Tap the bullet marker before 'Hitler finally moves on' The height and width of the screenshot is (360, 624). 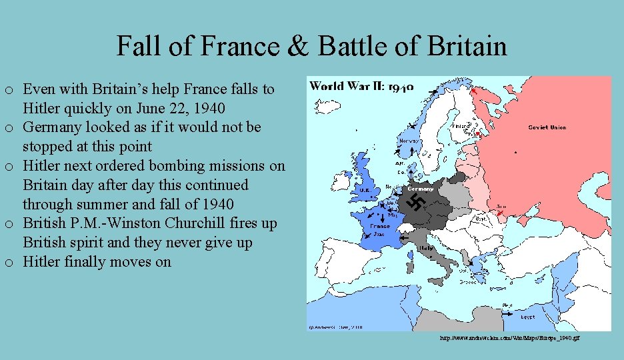pos(8,263)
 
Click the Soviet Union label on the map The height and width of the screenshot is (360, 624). pos(547,127)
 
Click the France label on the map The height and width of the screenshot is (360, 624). pos(380,226)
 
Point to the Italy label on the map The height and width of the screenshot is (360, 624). pos(425,248)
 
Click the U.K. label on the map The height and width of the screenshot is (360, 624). pos(365,190)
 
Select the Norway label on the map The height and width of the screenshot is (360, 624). pos(407,141)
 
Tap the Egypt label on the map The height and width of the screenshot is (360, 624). pos(527,317)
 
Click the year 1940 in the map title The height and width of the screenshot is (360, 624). pos(401,87)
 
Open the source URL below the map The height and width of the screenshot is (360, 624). pos(510,339)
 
